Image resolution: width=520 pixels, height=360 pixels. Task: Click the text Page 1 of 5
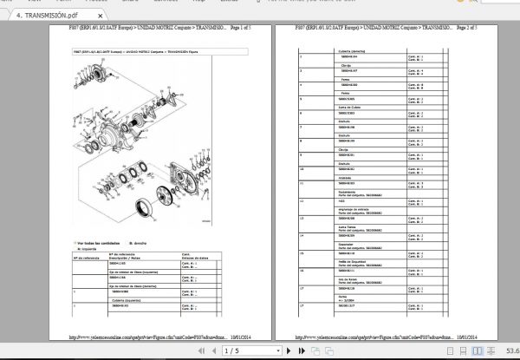[x=245, y=29]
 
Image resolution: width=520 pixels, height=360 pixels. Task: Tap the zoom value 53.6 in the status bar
[x=506, y=351]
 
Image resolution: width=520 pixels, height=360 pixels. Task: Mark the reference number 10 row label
[x=302, y=167]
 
